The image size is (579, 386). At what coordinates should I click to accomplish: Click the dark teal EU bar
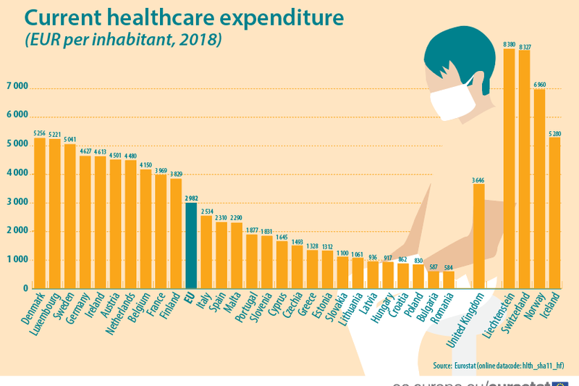191,246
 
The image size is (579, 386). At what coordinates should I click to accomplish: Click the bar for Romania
449,280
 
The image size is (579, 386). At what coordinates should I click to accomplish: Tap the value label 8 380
509,43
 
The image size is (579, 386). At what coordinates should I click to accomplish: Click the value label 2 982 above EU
191,198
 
